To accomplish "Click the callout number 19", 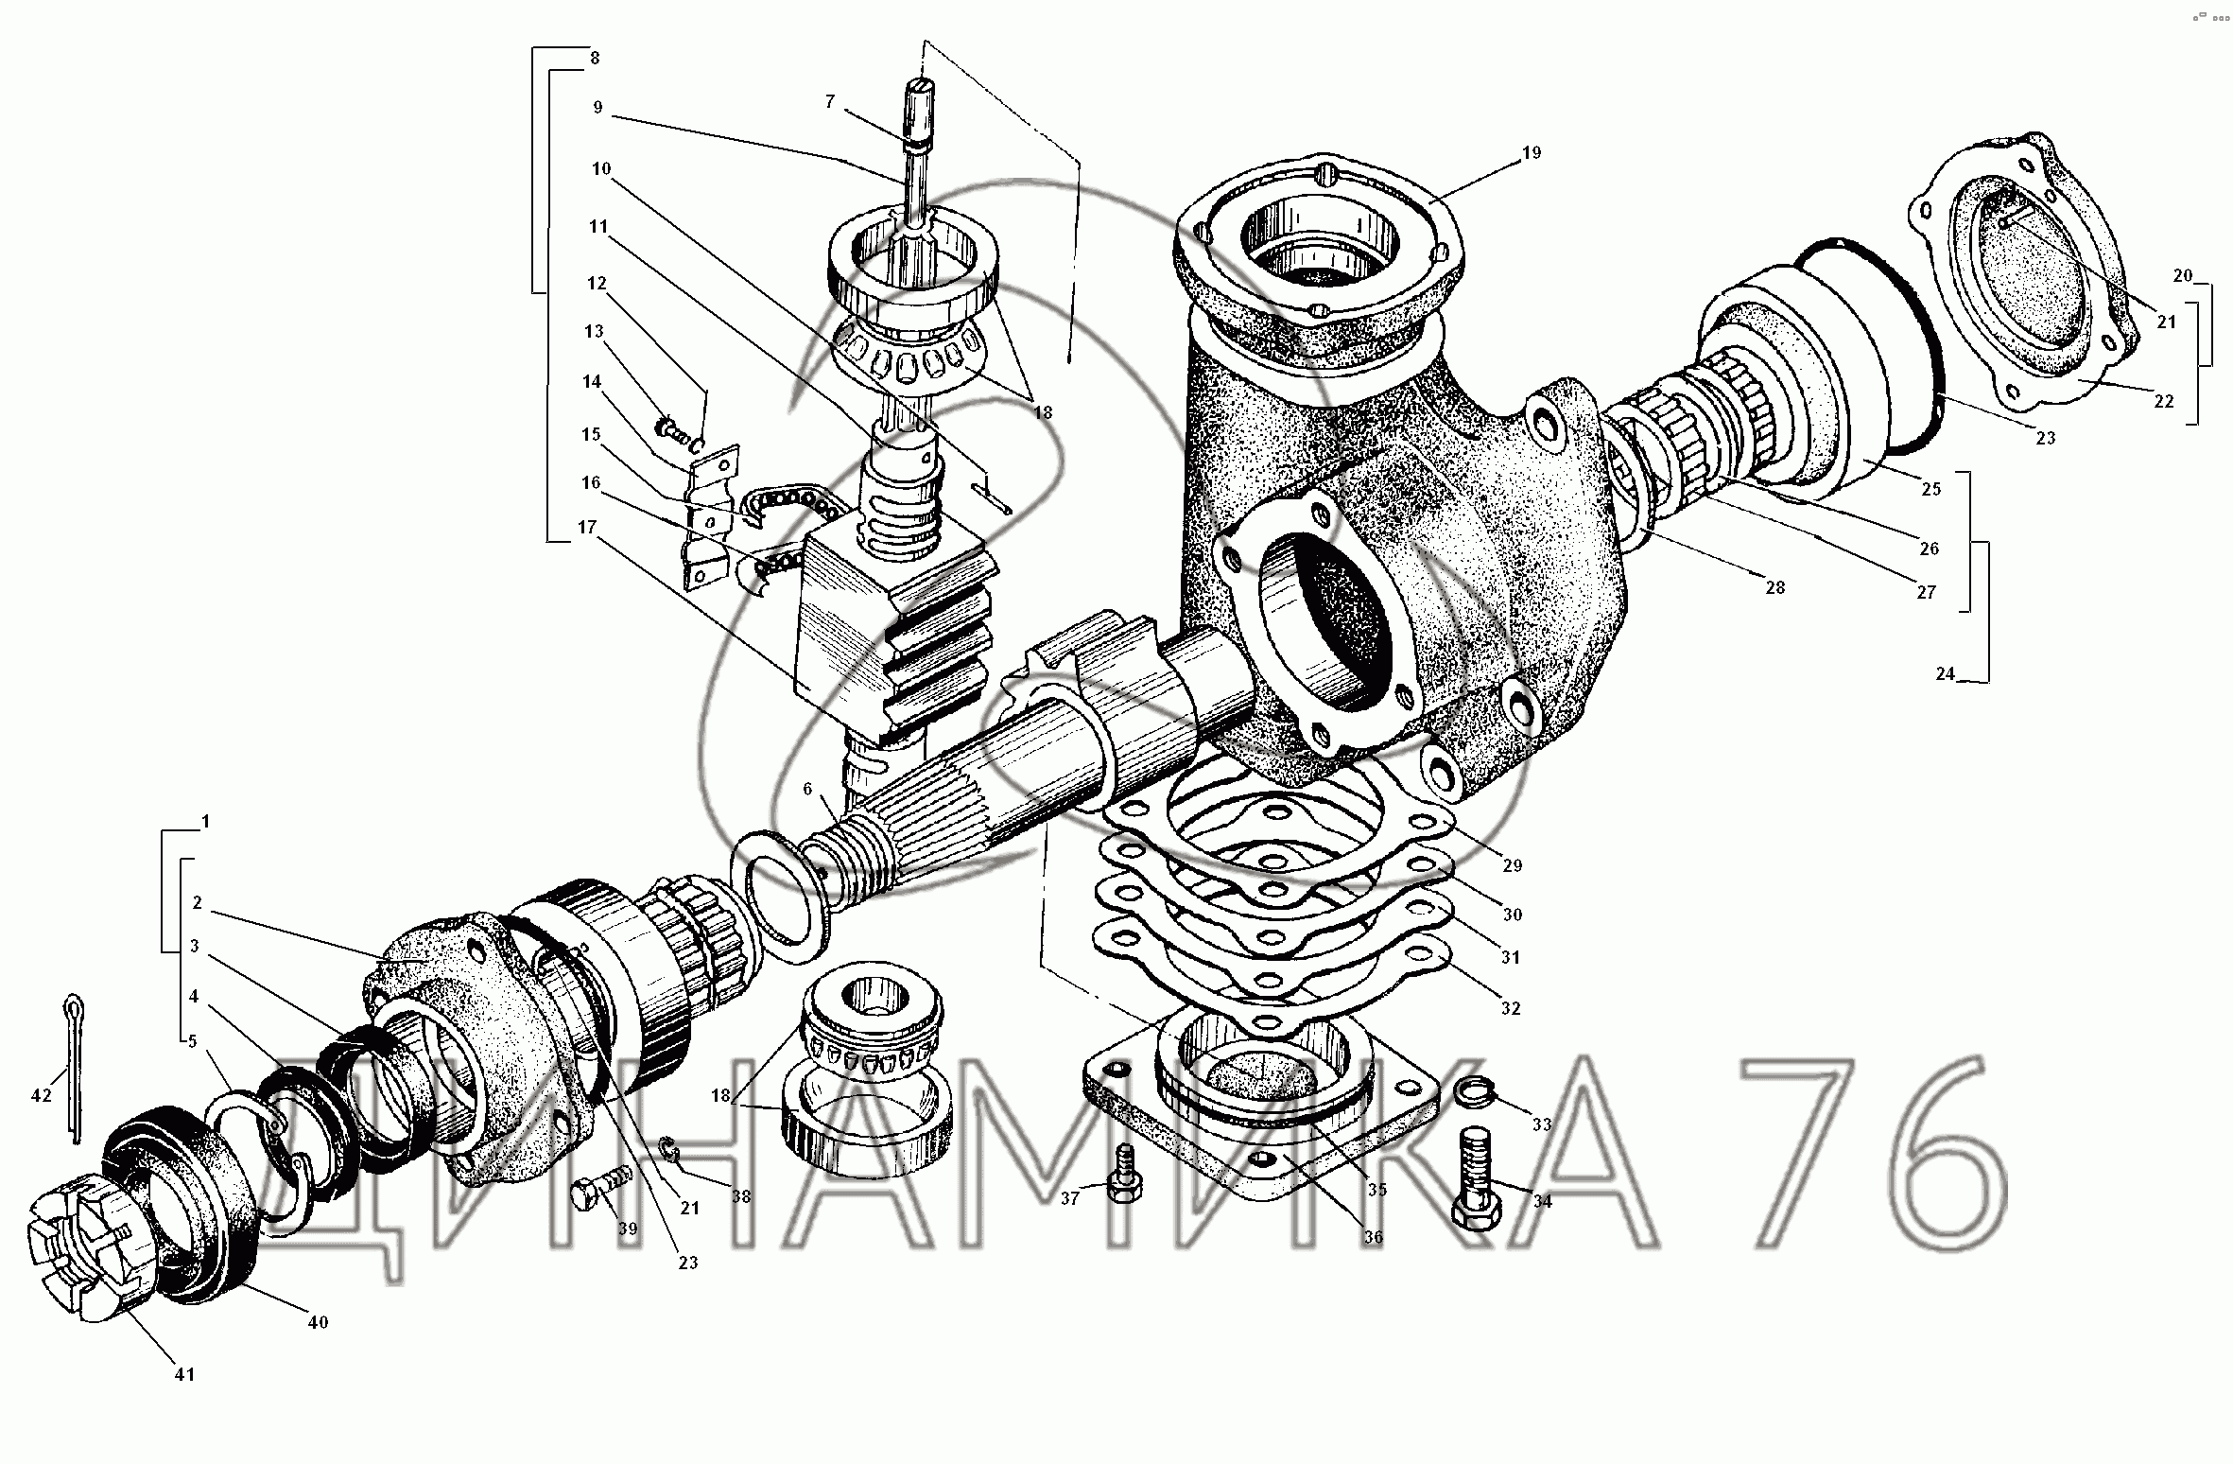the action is [x=1532, y=152].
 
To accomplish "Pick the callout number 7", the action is [x=830, y=102].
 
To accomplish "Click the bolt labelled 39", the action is [x=602, y=1187].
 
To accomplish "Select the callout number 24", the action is [x=1945, y=674].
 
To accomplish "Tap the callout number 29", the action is [x=1512, y=865].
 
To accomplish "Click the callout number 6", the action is [x=806, y=790].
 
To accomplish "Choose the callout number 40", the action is [x=318, y=1322].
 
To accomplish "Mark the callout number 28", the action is [x=1775, y=587].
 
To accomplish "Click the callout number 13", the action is [x=593, y=332].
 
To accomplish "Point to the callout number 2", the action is [x=197, y=903].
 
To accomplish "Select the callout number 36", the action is [x=1373, y=1237].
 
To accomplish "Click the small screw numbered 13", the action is [x=676, y=430].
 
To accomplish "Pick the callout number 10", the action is [x=601, y=169].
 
